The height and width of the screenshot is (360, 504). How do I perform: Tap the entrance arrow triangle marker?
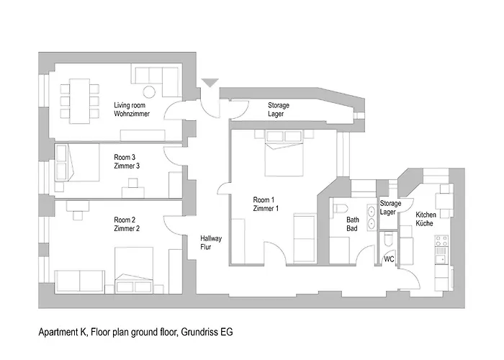point(208,84)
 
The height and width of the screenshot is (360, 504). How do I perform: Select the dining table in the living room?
point(78,100)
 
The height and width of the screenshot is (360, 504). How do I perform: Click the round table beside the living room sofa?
point(150,91)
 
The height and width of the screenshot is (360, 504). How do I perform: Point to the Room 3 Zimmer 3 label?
point(127,161)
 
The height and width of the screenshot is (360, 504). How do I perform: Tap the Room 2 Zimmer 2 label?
point(127,224)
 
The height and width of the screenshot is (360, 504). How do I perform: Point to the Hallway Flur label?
point(211,242)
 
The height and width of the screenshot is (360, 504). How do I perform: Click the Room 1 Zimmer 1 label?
point(266,204)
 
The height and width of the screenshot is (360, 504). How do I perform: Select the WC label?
point(389,258)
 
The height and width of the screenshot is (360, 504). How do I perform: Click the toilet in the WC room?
point(388,239)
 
